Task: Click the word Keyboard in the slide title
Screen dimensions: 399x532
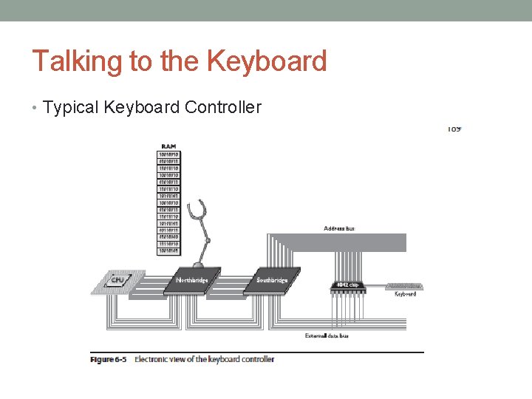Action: click(x=267, y=61)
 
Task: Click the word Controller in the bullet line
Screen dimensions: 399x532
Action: click(x=223, y=108)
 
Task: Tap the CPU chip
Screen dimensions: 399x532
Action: click(x=115, y=280)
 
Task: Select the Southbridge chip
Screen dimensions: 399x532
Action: click(x=271, y=279)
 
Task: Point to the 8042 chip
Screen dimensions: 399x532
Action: click(x=346, y=285)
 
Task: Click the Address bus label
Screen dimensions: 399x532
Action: click(x=339, y=228)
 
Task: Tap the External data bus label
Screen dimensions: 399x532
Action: click(x=327, y=335)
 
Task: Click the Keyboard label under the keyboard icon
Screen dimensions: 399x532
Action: click(x=404, y=294)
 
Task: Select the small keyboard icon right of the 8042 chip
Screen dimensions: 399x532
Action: click(x=404, y=285)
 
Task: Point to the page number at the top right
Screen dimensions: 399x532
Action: click(x=454, y=129)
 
